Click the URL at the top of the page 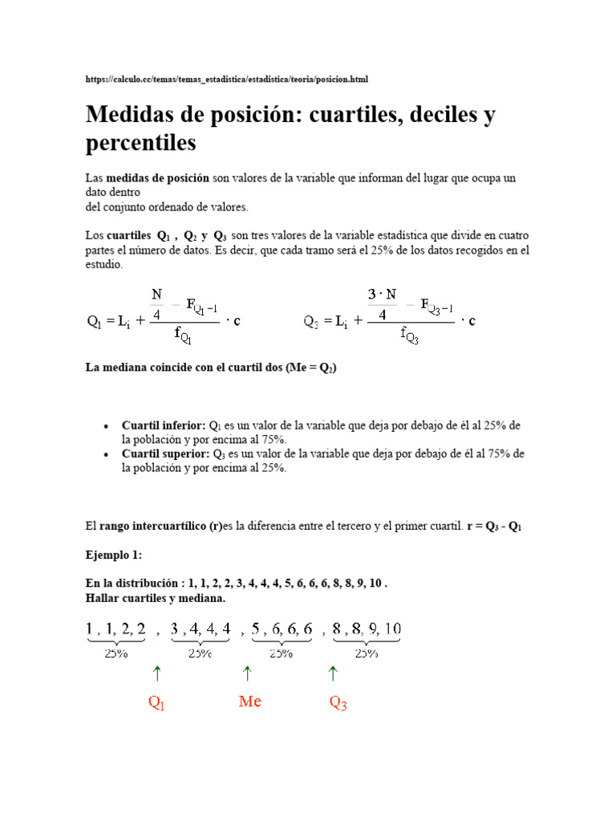[227, 79]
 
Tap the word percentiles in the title [140, 144]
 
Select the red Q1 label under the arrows [156, 703]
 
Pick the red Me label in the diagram [250, 702]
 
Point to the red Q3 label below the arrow [338, 703]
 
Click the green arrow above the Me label [247, 673]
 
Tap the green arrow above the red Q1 [156, 673]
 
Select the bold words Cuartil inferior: [164, 425]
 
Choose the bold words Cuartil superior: [164, 454]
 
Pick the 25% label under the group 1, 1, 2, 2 [116, 653]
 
